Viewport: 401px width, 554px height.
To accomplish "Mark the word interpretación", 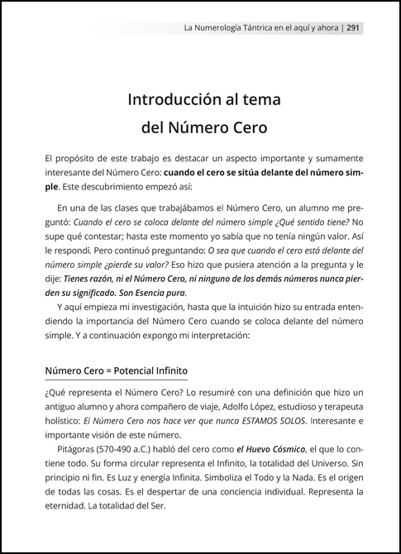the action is pyautogui.click(x=224, y=337).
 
